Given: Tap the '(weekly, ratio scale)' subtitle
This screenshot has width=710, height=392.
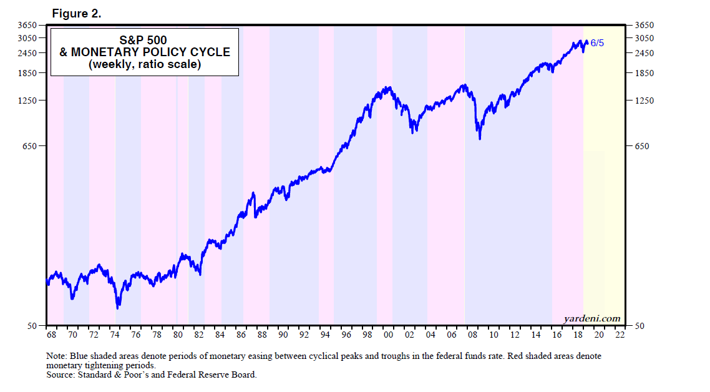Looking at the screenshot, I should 144,64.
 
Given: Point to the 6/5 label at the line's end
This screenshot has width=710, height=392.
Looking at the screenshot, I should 597,44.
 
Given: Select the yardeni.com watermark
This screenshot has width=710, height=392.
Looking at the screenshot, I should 592,318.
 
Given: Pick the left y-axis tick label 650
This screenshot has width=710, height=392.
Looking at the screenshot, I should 31,146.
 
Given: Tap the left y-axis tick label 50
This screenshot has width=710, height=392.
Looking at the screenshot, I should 34,326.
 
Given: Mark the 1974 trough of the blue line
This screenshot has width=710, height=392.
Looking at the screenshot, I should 118,307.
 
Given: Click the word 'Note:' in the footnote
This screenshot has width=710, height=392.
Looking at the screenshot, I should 57,356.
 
